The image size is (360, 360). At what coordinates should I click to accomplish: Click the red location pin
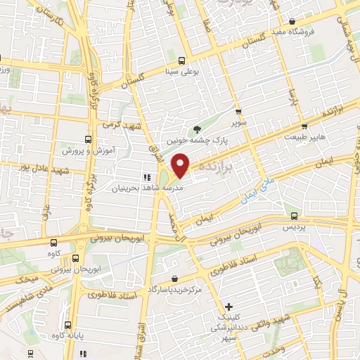point(181,167)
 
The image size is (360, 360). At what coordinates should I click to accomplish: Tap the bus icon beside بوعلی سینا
point(182,60)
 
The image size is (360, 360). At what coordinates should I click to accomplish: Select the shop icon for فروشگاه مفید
point(295,22)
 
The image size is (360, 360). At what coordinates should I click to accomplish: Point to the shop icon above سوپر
point(239,111)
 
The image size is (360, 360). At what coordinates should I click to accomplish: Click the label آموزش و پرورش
point(86,151)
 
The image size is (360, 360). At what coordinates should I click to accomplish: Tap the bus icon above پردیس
point(294,215)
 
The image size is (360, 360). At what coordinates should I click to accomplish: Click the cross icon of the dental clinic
point(229,306)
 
